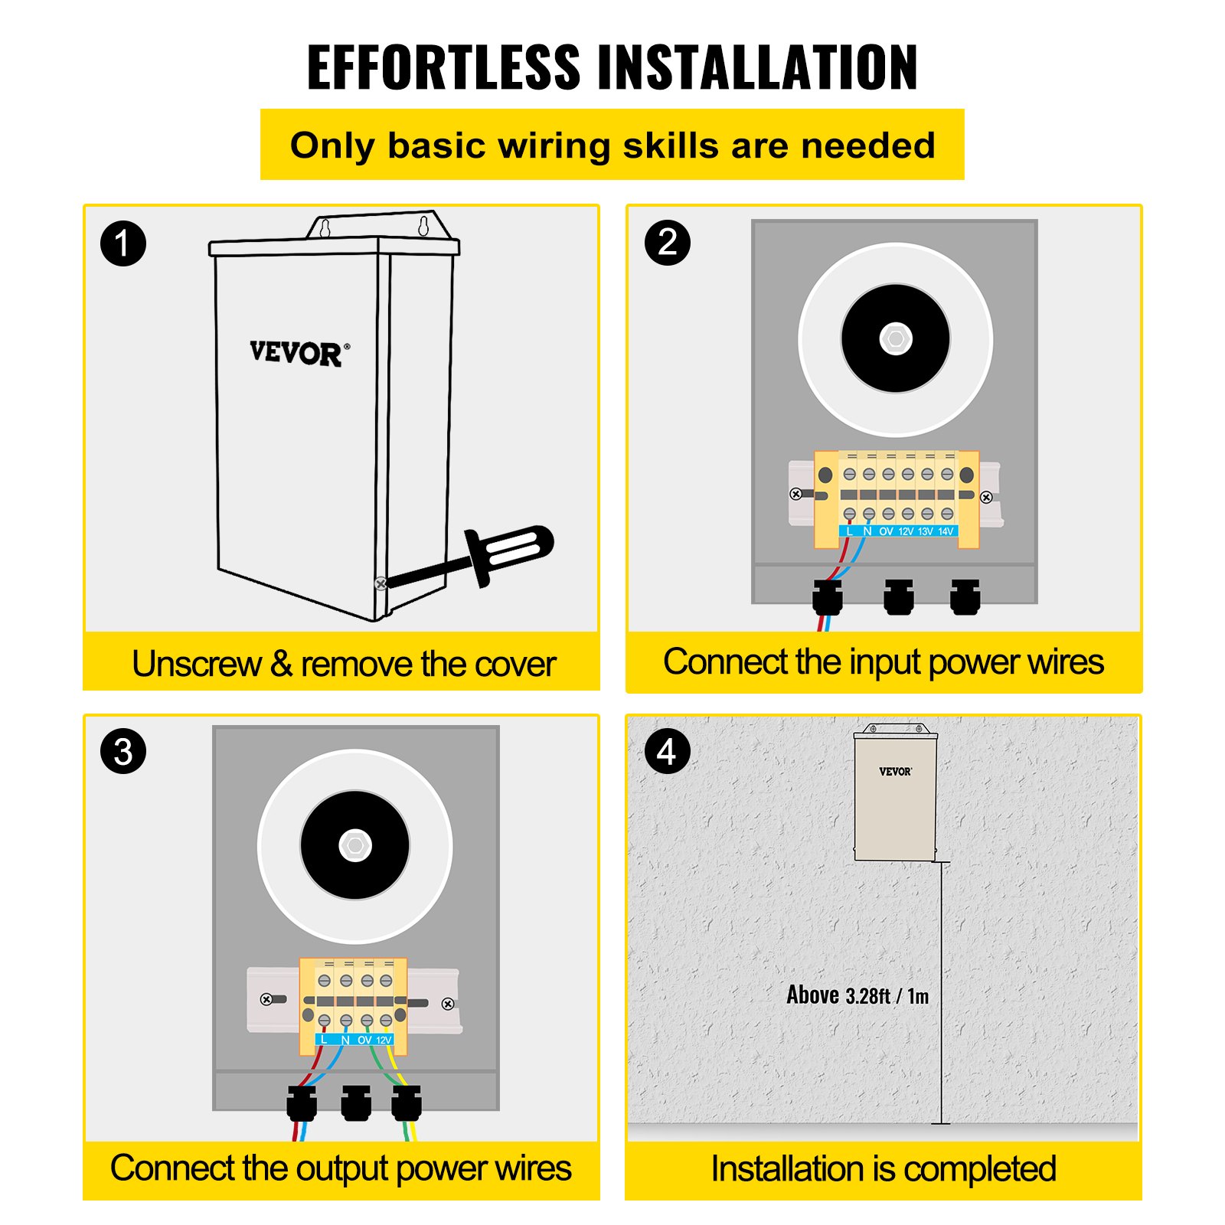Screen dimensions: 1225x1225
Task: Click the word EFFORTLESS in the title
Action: point(444,67)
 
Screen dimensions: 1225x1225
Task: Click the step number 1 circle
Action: point(123,243)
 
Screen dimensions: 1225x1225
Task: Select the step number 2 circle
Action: point(668,243)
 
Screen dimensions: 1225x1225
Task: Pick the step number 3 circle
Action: point(123,751)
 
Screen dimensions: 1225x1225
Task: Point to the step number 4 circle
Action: point(668,751)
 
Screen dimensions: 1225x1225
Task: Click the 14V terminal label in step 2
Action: point(946,531)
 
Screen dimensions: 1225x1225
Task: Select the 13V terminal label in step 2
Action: point(926,531)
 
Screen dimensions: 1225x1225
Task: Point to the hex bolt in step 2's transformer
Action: point(896,338)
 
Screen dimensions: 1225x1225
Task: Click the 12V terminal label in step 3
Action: point(384,1040)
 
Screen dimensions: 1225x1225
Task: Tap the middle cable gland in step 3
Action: point(356,1103)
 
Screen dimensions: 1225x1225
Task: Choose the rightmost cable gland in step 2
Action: point(965,597)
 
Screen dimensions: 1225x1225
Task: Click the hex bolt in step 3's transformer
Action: point(355,845)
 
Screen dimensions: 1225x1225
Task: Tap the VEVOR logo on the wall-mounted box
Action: point(895,772)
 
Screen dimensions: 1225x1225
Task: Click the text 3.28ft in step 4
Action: point(867,996)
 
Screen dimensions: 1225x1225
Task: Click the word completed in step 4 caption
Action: point(980,1169)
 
